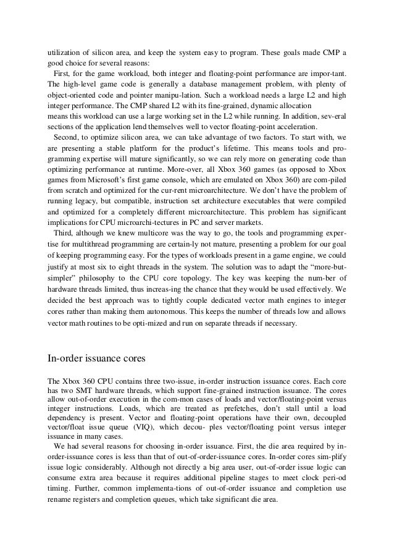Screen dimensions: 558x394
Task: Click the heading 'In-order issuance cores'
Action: point(98,357)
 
